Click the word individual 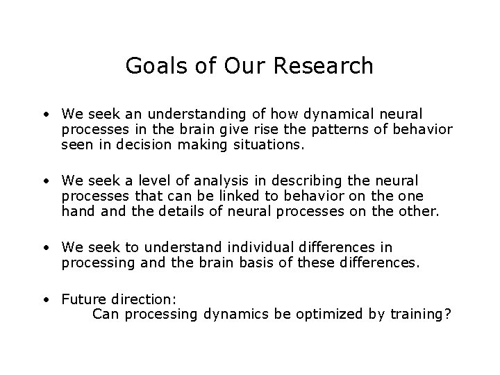267,248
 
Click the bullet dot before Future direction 44,299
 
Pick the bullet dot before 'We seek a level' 44,181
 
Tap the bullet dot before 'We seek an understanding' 44,114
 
